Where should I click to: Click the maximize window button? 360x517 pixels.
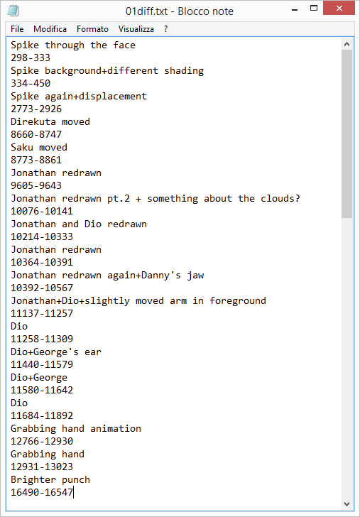point(314,9)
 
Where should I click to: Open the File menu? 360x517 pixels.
point(17,29)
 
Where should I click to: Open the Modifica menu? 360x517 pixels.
point(50,29)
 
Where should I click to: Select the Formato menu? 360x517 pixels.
point(92,29)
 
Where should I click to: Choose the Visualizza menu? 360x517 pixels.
point(136,29)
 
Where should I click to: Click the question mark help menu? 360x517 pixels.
point(166,29)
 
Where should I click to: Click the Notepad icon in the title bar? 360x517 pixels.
point(13,11)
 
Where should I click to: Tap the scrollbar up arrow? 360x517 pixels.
point(347,44)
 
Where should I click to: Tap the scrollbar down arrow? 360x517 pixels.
point(347,504)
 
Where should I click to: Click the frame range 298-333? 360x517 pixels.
point(31,58)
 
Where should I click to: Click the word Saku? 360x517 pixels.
point(22,148)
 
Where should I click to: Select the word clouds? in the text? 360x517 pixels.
point(280,199)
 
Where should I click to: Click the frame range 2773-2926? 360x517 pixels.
point(36,109)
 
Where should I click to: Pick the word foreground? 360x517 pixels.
point(238,300)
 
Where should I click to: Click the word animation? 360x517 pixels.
point(116,428)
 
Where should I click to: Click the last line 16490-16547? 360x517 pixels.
point(42,493)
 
